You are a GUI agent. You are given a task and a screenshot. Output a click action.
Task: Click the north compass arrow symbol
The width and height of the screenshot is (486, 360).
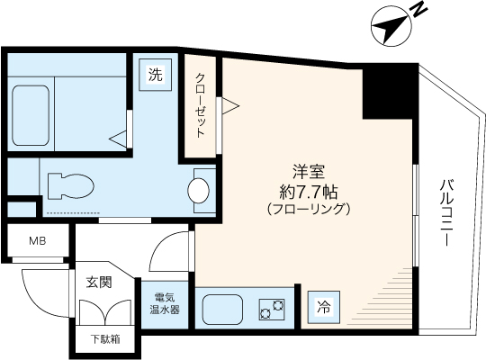point(389,28)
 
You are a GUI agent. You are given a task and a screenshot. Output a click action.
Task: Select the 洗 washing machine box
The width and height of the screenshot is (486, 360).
point(156,76)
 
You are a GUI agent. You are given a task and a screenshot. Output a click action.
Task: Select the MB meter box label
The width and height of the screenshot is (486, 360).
point(37,241)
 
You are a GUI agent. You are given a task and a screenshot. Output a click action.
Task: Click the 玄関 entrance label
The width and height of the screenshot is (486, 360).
point(99,282)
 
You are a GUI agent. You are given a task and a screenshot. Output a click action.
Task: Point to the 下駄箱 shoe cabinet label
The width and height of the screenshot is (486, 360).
point(103,340)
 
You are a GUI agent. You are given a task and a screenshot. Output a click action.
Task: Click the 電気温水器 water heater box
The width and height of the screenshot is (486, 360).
point(165,304)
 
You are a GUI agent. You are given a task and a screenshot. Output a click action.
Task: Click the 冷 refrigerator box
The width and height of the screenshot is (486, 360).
point(322,306)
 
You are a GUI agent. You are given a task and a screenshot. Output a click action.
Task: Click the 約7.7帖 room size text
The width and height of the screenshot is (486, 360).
point(309,190)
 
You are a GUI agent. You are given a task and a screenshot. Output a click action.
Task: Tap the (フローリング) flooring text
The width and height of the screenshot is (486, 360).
point(309,208)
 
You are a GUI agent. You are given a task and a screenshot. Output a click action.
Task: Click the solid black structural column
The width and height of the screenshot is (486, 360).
point(389,92)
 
